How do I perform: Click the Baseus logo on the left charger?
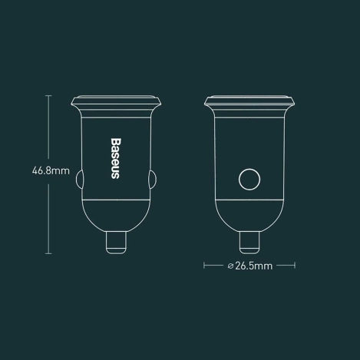114,158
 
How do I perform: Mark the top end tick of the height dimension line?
49,95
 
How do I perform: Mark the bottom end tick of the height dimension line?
49,253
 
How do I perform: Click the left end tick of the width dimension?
204,266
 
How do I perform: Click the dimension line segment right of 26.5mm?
285,266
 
